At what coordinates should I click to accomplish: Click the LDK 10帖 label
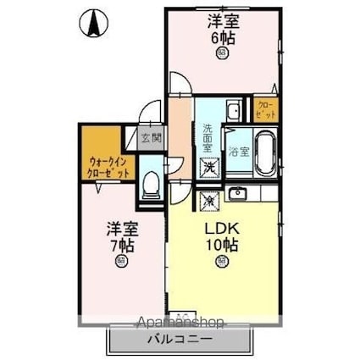pyautogui.click(x=222, y=236)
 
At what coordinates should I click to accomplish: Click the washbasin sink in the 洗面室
pyautogui.click(x=232, y=111)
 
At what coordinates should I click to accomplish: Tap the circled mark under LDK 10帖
pyautogui.click(x=222, y=262)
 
